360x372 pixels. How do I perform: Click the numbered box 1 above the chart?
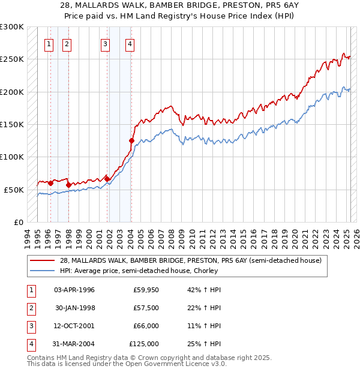coord(48,43)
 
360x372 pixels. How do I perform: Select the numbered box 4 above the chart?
coord(130,43)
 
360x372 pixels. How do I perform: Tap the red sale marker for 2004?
coord(131,140)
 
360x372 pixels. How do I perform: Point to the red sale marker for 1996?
coord(50,183)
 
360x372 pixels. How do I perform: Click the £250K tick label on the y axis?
coord(12,59)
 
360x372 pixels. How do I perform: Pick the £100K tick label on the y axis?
coord(12,157)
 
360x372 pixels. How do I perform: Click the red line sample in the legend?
coord(42,260)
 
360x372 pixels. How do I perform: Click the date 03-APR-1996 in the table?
coord(74,290)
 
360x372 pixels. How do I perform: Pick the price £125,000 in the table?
coord(144,344)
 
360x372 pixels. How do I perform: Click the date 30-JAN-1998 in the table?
coord(74,308)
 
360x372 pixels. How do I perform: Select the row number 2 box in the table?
coord(29,308)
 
